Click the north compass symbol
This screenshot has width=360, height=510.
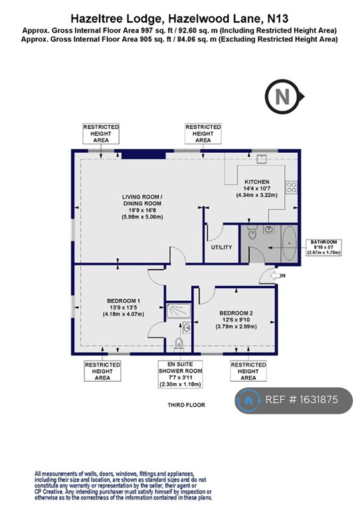tap(282, 97)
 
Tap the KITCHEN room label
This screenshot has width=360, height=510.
tap(256, 181)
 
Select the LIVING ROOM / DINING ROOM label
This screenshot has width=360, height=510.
tap(141, 197)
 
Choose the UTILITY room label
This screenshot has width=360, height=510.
tap(221, 248)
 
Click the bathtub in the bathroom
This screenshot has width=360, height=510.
tap(288, 245)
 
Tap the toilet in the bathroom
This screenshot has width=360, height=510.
tap(251, 234)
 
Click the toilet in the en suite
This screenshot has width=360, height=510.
tap(178, 342)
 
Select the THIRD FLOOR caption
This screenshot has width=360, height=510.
tap(187, 404)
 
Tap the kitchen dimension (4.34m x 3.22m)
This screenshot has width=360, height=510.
tap(256, 195)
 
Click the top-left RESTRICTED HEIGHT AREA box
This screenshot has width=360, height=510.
tap(100, 133)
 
